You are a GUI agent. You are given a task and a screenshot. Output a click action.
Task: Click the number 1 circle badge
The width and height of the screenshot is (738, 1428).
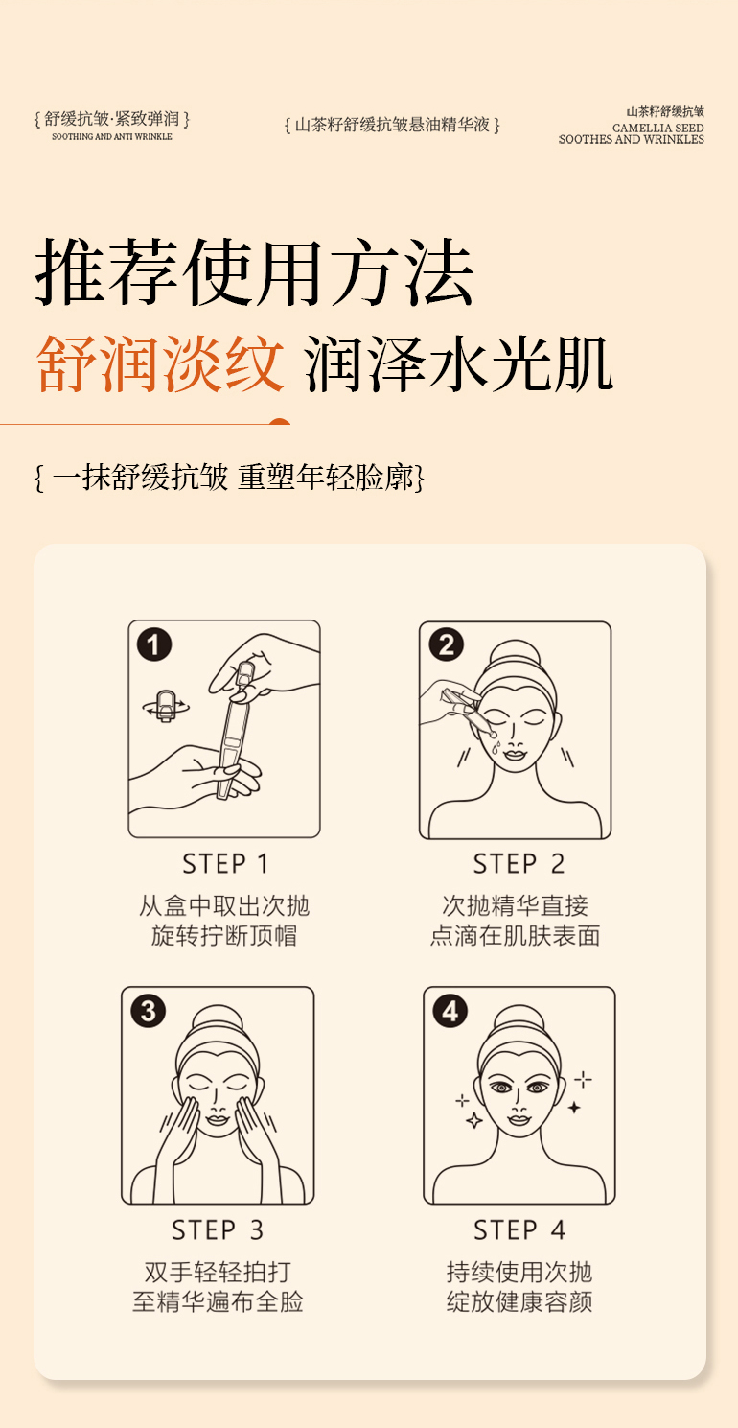[x=154, y=644]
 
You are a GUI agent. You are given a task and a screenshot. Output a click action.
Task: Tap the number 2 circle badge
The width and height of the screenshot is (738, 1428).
[x=446, y=644]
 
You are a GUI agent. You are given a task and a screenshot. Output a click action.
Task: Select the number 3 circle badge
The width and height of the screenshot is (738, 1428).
[x=148, y=1011]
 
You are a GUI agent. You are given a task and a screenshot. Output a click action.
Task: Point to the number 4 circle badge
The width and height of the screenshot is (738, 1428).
[x=450, y=1011]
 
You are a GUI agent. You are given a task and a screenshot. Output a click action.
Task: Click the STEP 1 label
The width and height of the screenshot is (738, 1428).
[x=225, y=864]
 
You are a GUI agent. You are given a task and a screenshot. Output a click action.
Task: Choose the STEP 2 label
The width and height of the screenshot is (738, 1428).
[x=519, y=864]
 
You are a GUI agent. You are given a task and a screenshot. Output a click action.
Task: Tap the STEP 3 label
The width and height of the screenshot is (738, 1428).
[x=218, y=1229]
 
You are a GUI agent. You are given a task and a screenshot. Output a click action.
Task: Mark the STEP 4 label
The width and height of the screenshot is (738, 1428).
[x=519, y=1229]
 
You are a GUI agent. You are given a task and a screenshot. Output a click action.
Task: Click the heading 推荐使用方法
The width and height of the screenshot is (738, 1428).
[x=254, y=272]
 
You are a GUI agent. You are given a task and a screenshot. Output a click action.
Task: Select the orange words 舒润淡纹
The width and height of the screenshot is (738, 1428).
[x=160, y=364]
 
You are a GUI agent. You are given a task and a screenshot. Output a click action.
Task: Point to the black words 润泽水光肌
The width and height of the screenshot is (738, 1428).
[x=458, y=364]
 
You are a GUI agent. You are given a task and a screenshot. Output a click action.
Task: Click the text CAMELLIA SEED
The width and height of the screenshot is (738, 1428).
[x=657, y=128]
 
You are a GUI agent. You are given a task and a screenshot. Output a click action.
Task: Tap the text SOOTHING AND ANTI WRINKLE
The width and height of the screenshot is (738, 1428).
[x=112, y=136]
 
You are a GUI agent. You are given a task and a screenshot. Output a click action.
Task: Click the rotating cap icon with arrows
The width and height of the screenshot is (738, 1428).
[x=166, y=707]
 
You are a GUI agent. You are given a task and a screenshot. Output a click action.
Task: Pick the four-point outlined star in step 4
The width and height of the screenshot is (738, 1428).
[x=474, y=1119]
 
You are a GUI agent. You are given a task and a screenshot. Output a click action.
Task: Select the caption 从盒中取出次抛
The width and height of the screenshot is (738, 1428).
[x=224, y=905]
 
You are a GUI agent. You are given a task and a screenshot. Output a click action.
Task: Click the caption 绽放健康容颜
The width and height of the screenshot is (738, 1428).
[x=519, y=1301]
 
